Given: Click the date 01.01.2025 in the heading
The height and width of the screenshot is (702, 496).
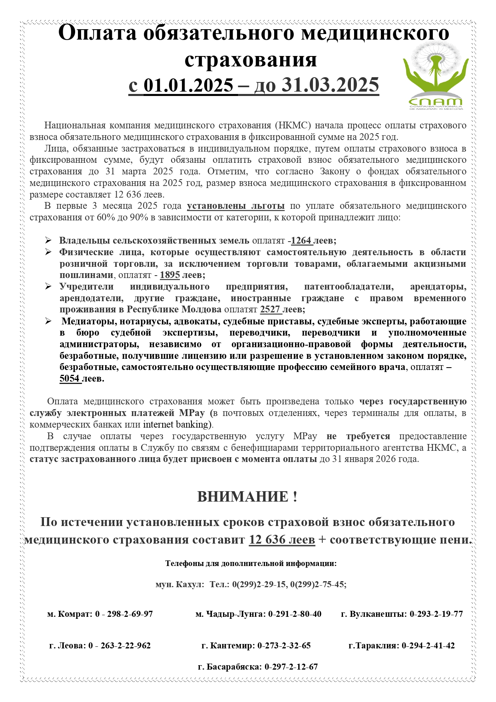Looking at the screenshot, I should click(x=188, y=85).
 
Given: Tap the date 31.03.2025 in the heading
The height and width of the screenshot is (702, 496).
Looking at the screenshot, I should click(x=330, y=85).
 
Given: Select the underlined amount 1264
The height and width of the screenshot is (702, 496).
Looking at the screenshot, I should click(x=301, y=241).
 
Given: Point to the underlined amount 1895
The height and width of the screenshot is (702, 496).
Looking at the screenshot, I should click(x=170, y=275).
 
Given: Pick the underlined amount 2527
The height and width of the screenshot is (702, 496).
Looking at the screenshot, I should click(x=270, y=310).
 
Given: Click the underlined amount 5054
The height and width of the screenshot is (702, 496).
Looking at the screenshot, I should click(x=70, y=378).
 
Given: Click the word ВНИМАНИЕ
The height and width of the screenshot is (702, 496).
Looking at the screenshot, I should click(x=243, y=497).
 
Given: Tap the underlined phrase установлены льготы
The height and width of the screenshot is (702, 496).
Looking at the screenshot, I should click(x=236, y=206).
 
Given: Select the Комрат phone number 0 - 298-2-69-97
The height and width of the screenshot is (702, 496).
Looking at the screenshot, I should click(x=124, y=614).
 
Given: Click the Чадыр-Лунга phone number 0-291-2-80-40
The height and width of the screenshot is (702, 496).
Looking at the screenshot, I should click(x=295, y=614).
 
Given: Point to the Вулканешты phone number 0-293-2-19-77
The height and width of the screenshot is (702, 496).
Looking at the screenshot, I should click(x=436, y=614).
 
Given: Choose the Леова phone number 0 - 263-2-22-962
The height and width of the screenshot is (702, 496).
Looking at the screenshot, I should click(x=120, y=646).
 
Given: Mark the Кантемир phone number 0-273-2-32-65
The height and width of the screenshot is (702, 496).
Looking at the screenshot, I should click(x=284, y=646).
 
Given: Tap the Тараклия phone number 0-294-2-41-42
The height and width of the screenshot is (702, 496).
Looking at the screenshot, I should click(x=428, y=646).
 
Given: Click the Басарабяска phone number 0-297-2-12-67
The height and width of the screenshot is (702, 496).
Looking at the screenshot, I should click(x=291, y=667).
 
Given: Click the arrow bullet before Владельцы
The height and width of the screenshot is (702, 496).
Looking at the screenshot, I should click(x=48, y=241).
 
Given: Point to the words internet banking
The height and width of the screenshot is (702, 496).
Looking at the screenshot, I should click(x=176, y=424).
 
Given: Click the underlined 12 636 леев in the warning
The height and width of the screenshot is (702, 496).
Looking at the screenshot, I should click(x=282, y=540).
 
